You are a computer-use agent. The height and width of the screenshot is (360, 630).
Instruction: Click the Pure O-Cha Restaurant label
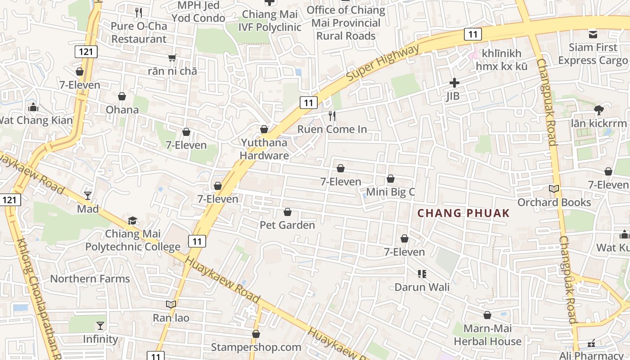point(139,32)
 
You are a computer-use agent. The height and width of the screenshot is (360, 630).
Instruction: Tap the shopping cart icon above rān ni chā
point(172,58)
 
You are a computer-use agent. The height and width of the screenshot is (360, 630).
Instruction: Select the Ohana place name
point(122,110)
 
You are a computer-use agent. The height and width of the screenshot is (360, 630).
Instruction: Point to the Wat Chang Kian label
point(36,120)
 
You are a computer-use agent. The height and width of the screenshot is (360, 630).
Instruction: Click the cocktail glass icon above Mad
point(88,196)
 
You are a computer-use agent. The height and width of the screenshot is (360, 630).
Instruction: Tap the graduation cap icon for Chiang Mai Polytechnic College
point(132,221)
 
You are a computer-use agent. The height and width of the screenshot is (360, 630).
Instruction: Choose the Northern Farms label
point(90,279)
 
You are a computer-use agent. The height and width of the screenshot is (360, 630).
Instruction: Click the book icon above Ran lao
point(171,304)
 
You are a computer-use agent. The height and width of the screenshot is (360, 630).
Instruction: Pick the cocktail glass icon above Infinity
point(100,325)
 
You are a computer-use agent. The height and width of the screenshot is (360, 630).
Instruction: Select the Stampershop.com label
point(256,347)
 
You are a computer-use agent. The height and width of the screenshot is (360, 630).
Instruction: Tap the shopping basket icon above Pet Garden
point(288,212)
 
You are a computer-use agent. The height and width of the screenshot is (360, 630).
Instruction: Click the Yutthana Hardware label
point(264,149)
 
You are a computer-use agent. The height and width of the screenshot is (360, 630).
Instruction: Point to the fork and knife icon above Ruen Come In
point(332,116)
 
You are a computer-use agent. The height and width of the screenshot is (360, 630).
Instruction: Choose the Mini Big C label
point(391,192)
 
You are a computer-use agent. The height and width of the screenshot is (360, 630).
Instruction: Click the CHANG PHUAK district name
point(463,213)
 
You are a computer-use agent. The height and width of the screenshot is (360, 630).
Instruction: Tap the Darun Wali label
point(422,287)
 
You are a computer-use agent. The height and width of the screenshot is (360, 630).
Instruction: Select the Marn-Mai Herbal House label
point(487,335)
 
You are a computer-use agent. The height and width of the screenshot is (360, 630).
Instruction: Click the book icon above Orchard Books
point(554,189)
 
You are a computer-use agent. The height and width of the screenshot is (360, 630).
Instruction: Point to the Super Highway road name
point(382,63)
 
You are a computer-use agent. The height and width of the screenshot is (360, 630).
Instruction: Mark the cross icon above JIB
point(454,83)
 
